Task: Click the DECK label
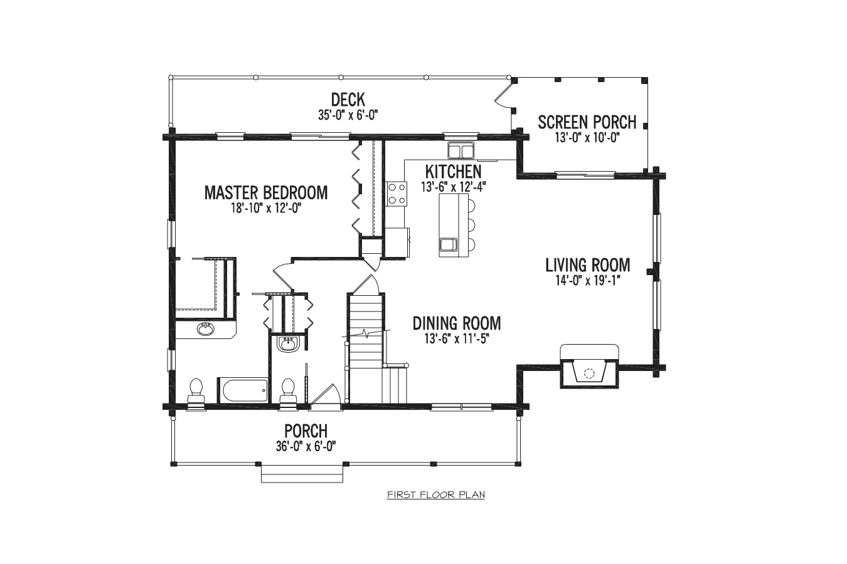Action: [x=348, y=100]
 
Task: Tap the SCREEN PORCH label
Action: [x=587, y=122]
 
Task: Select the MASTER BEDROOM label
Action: [x=266, y=192]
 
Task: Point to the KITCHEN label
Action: [x=454, y=172]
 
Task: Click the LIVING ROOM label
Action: [x=588, y=265]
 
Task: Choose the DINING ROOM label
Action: [x=457, y=323]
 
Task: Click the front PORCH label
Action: [x=306, y=431]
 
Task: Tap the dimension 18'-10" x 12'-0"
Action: [x=266, y=209]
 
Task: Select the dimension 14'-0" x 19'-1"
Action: [x=588, y=281]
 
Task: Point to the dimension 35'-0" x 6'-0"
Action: [x=348, y=115]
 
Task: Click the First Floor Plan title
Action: [x=436, y=495]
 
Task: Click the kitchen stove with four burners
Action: [x=397, y=194]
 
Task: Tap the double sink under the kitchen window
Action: [x=461, y=150]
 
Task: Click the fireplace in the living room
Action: [x=589, y=366]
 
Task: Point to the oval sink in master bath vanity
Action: [x=206, y=330]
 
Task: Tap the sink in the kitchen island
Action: [x=449, y=245]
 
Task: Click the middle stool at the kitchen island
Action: [x=471, y=226]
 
